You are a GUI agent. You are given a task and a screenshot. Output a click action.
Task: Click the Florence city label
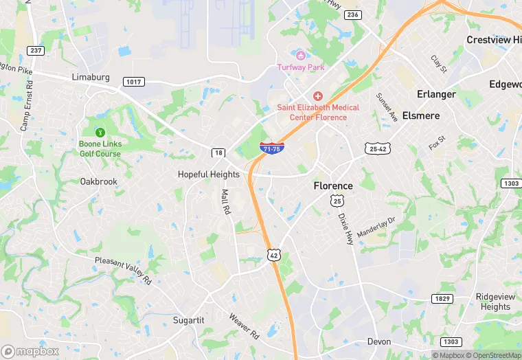(333, 185)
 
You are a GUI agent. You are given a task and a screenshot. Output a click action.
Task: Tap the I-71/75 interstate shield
(272, 148)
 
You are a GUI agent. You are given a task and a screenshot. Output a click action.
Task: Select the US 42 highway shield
(273, 254)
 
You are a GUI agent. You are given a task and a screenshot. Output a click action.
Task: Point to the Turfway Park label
(301, 67)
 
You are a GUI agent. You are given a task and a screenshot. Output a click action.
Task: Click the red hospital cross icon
(317, 96)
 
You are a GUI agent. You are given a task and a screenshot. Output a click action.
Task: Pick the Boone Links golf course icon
(100, 133)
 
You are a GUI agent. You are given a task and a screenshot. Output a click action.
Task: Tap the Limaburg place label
(91, 77)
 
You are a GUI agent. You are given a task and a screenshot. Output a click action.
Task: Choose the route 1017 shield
(133, 82)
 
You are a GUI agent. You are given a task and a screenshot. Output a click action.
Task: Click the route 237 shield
(35, 50)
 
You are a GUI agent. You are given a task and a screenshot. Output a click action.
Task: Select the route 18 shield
(218, 153)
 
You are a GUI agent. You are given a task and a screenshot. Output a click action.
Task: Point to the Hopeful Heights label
(209, 175)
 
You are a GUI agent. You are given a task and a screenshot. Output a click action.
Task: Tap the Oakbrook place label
(98, 181)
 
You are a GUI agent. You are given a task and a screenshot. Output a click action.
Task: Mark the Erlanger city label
(436, 93)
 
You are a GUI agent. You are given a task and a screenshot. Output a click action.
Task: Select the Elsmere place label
(420, 115)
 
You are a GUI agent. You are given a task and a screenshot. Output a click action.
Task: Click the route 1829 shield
(442, 298)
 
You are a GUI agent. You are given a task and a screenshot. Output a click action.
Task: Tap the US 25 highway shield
(337, 201)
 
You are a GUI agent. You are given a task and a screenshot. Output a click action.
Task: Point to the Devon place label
(378, 341)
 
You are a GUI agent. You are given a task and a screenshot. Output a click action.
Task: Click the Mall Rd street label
(225, 202)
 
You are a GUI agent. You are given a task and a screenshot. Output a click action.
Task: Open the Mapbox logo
(30, 350)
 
